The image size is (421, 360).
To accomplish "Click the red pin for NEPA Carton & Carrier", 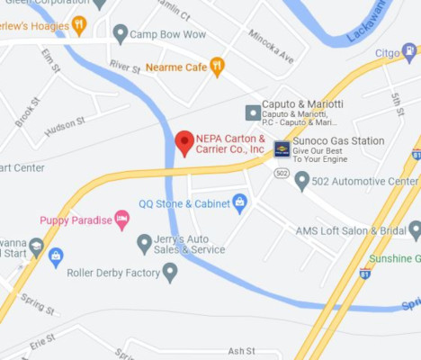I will click(184, 142).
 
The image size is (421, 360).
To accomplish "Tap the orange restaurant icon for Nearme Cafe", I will click(216, 66).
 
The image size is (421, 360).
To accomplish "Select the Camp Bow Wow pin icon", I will click(121, 34).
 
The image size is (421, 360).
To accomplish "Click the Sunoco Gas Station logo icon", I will click(282, 148).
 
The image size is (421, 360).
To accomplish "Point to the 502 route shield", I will click(282, 172).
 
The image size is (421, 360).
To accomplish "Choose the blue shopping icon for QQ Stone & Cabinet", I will click(239, 202).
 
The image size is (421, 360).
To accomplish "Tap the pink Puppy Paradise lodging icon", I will click(121, 220).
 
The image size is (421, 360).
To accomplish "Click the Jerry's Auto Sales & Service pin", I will click(144, 243).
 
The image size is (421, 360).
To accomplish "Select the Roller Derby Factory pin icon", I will click(169, 272).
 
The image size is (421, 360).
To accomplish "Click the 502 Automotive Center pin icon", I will click(302, 181).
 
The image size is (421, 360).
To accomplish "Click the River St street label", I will click(125, 67).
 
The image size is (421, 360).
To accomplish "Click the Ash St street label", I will click(241, 351).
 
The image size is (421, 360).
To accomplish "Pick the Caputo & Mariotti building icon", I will click(253, 112).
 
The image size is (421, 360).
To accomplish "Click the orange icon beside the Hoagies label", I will click(79, 24).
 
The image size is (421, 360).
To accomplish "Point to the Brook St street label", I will click(26, 113).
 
